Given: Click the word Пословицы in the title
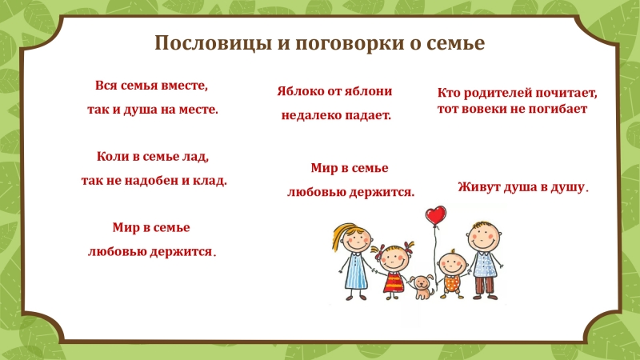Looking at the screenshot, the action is point(214,43).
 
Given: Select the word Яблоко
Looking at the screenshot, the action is point(298,91).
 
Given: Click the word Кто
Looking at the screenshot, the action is point(449,93).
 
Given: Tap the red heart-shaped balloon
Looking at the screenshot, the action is point(435,215).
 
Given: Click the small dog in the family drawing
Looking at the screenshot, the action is point(422,287).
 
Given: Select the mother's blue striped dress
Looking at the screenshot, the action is point(355,271).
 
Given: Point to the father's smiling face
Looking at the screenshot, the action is point(484,237).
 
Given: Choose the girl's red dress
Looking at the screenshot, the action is point(393,282).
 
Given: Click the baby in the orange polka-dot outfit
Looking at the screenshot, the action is point(452,274).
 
